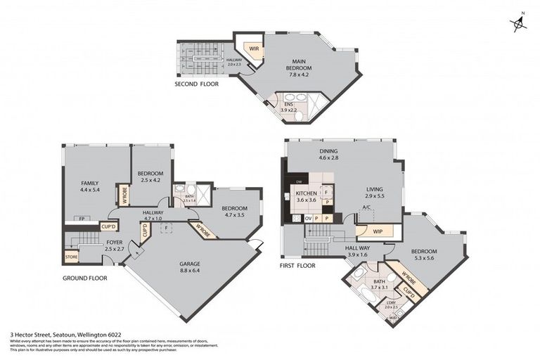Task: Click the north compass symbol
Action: pos(519,23)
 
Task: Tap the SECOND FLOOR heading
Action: pos(197,84)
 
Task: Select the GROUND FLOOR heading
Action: pos(84,278)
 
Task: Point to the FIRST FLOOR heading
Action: pos(298,266)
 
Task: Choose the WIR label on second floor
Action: pos(251,49)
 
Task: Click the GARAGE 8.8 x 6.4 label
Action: pos(190,268)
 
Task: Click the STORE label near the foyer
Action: pos(71,257)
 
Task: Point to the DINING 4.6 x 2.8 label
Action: pos(328,155)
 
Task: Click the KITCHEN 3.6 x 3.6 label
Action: pos(307,197)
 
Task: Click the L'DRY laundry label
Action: pos(391,304)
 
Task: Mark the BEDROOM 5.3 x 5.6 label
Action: pos(423,255)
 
